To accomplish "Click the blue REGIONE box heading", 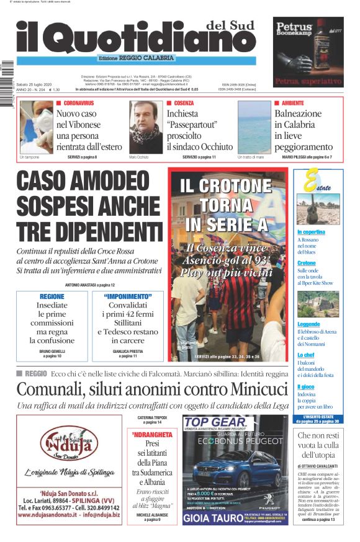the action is [52, 296].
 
